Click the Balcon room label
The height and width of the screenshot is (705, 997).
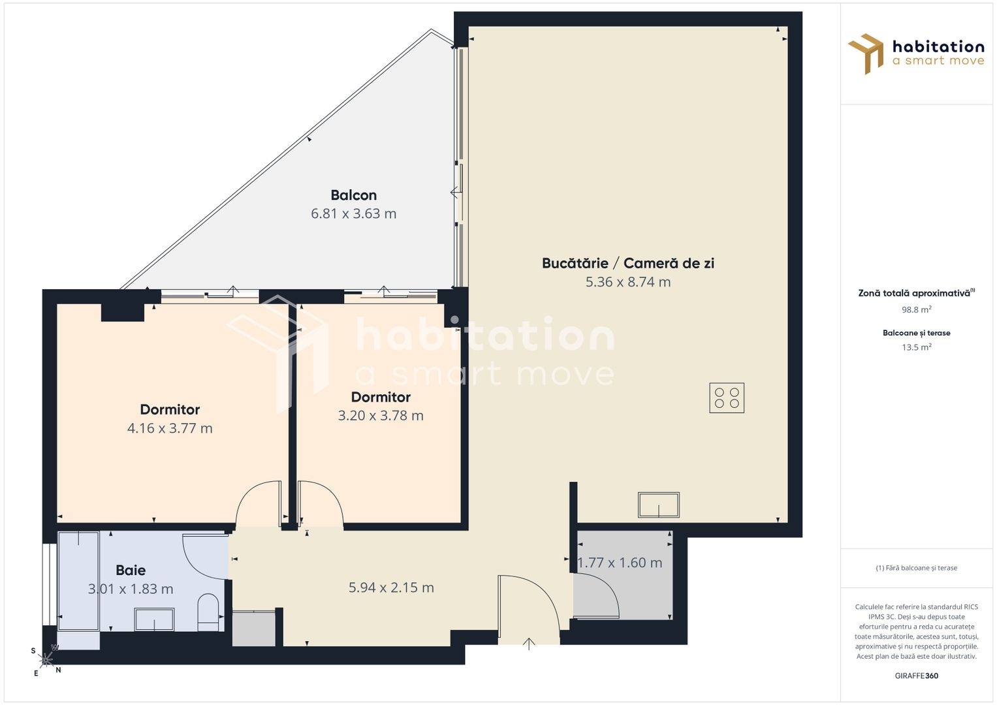pyautogui.click(x=353, y=195)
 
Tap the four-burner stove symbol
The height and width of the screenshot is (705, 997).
pyautogui.click(x=727, y=398)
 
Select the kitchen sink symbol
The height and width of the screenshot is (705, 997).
pyautogui.click(x=658, y=505)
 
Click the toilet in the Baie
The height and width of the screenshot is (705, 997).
pyautogui.click(x=208, y=612)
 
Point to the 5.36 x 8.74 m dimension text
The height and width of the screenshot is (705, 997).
pyautogui.click(x=627, y=282)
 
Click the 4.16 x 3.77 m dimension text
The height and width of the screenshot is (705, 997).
pyautogui.click(x=170, y=428)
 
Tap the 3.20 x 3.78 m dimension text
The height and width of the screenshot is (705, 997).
pyautogui.click(x=381, y=416)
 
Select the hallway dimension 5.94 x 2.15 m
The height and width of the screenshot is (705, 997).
pyautogui.click(x=391, y=587)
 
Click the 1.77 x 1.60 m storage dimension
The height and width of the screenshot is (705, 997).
pyautogui.click(x=620, y=563)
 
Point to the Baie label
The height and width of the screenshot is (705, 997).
pyautogui.click(x=131, y=570)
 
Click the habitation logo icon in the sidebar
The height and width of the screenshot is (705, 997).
pyautogui.click(x=865, y=54)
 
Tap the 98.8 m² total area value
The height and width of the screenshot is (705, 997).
pyautogui.click(x=917, y=309)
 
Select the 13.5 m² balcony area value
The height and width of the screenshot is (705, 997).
pyautogui.click(x=917, y=347)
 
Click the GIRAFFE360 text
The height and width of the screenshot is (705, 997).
pyautogui.click(x=917, y=676)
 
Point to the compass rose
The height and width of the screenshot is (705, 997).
pyautogui.click(x=46, y=659)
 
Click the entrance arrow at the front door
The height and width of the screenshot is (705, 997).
pyautogui.click(x=528, y=644)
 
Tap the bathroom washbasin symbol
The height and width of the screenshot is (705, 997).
pyautogui.click(x=154, y=619)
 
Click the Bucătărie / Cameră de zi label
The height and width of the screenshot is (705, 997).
pyautogui.click(x=627, y=263)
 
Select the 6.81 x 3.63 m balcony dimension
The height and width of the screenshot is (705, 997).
pyautogui.click(x=353, y=213)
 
